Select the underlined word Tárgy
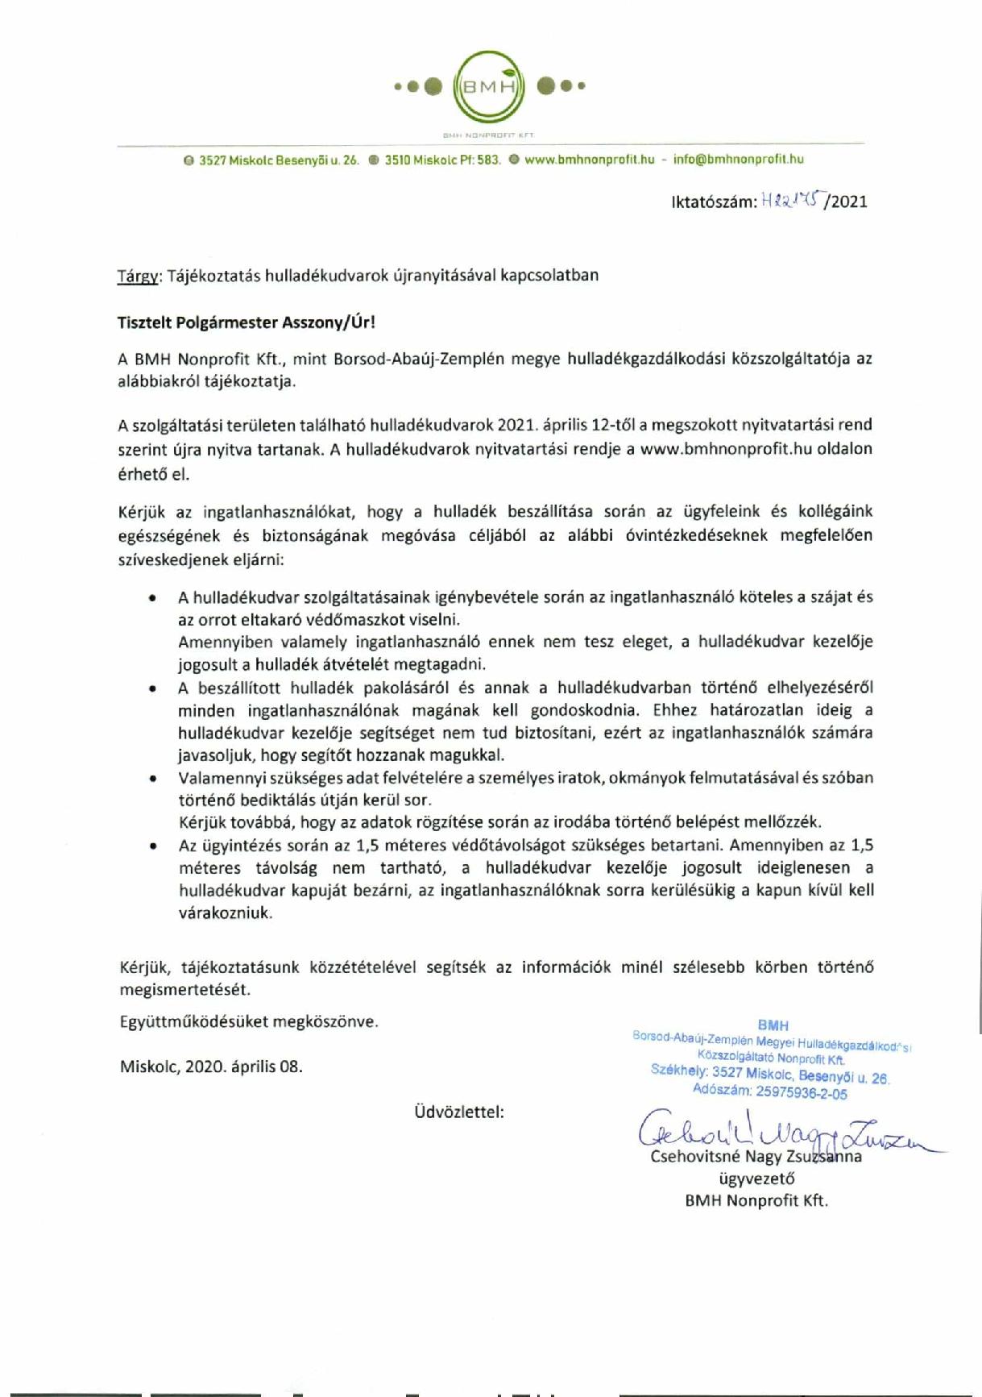pos(139,276)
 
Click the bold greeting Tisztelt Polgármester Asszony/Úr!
pos(247,322)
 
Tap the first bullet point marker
pos(152,598)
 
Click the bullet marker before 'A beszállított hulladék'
pos(152,688)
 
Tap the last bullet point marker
pos(152,846)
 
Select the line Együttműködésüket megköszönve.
pos(248,1021)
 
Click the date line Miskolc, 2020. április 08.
pos(211,1066)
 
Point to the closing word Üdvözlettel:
pos(459,1112)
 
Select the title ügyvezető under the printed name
pos(756,1178)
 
